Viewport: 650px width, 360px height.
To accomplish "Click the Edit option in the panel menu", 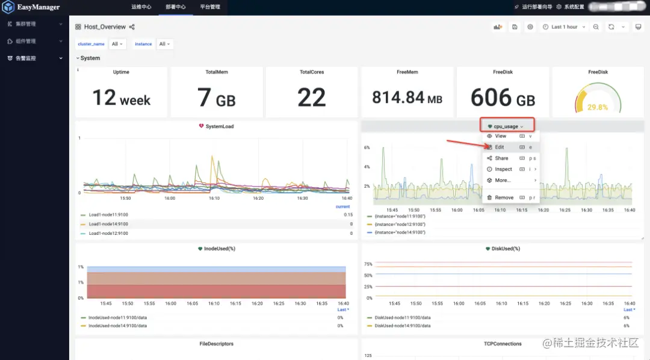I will coord(500,147).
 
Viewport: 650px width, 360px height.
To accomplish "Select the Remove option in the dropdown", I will coord(504,197).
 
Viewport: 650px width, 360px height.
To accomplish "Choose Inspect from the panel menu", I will coord(503,169).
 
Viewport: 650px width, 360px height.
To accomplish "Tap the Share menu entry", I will coord(501,158).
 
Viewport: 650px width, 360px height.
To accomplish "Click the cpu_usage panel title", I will coord(506,126).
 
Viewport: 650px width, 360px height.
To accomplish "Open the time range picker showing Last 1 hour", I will coord(564,27).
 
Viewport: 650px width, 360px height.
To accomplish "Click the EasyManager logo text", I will coord(38,7).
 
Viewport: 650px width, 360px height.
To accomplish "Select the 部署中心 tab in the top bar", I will coord(176,7).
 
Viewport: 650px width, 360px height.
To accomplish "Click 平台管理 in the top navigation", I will coord(210,7).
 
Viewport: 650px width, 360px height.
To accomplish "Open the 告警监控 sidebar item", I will coord(26,58).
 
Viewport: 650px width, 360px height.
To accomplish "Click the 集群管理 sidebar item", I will coord(26,24).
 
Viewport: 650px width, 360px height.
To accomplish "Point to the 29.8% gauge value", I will coord(598,107).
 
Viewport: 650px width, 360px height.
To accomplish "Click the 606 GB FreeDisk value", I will coord(503,98).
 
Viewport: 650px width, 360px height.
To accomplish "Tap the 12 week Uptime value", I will coord(121,98).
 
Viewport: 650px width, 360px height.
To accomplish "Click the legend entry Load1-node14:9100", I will coord(108,224).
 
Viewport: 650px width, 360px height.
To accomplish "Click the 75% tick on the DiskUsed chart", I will coord(368,264).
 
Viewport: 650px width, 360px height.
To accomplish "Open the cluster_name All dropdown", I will coord(117,44).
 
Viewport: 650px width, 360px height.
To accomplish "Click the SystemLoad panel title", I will coord(219,126).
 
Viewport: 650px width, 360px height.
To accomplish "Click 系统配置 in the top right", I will coord(574,7).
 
